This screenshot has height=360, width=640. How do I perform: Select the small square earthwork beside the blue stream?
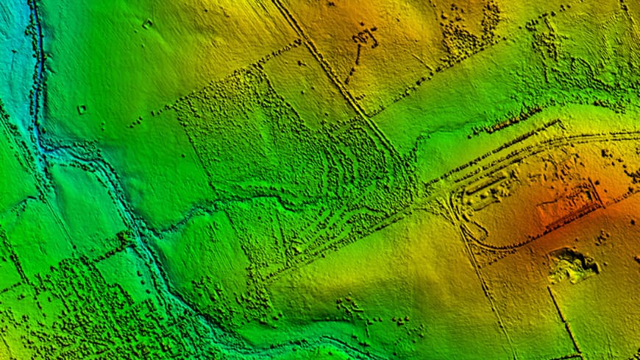81,110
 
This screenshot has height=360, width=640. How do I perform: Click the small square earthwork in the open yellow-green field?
147,24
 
